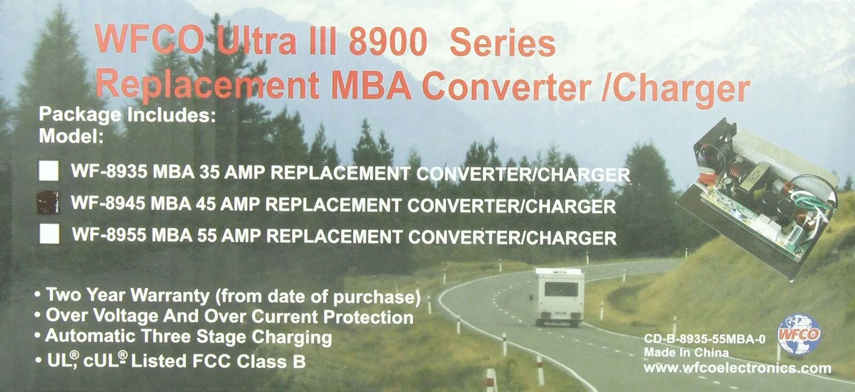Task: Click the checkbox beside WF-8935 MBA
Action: click(49, 171)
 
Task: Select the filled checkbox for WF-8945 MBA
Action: click(47, 202)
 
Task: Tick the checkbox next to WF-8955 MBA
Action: click(49, 234)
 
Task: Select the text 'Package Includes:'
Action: click(127, 115)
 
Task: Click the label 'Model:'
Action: click(71, 136)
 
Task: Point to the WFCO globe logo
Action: click(798, 334)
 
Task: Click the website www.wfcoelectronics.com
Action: click(737, 368)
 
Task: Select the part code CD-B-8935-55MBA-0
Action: click(704, 339)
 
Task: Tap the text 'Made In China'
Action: click(686, 352)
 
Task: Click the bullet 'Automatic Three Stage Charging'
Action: click(188, 337)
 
